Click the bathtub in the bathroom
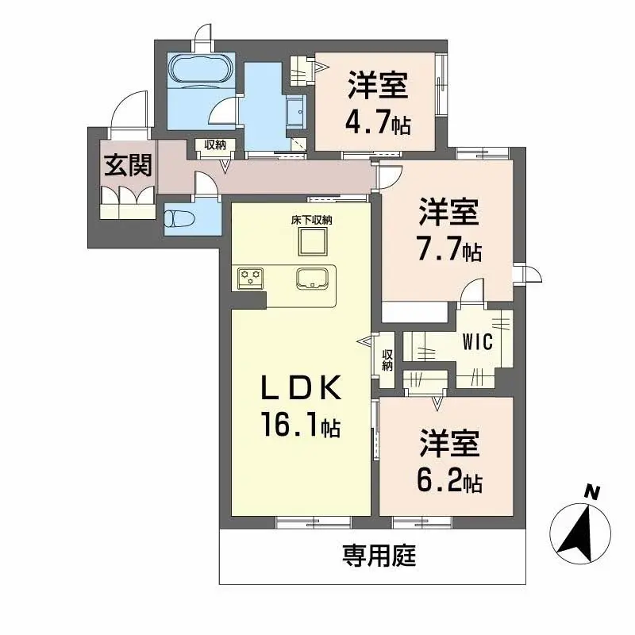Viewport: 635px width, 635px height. tap(201, 71)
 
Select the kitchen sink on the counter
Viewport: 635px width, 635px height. tap(312, 279)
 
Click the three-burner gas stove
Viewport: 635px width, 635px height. tap(250, 279)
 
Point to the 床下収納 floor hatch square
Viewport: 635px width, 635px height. tap(312, 242)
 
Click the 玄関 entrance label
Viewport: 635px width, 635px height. tap(128, 165)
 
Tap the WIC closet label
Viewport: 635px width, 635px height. tap(478, 342)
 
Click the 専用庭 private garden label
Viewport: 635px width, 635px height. tap(379, 555)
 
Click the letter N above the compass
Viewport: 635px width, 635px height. tap(592, 492)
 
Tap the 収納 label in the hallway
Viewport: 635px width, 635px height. tap(214, 144)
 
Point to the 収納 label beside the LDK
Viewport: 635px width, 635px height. tap(387, 360)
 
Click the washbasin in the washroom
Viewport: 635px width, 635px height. tap(297, 110)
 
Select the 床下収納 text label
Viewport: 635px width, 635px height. tap(312, 220)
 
